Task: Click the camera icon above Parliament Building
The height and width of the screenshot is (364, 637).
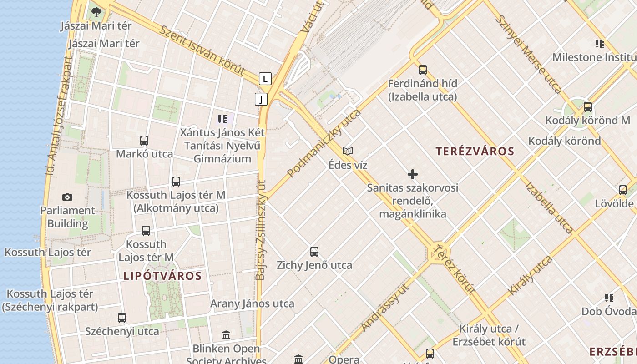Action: click(x=67, y=197)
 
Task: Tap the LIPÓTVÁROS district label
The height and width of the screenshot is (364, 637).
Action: click(x=162, y=276)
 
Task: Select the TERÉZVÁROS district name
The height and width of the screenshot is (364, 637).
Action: click(x=475, y=152)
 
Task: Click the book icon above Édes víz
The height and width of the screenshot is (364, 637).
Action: click(x=348, y=151)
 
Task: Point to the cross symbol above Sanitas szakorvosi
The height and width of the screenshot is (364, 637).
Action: click(x=413, y=174)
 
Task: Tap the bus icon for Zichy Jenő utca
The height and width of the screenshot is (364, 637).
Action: click(x=314, y=251)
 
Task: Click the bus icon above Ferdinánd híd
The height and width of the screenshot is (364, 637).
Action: click(x=423, y=70)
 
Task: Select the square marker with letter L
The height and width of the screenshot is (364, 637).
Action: click(x=265, y=79)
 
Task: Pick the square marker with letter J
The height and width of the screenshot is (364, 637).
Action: click(x=261, y=99)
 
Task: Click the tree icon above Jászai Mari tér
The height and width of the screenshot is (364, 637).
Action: click(x=96, y=12)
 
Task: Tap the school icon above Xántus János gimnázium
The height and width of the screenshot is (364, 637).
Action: click(x=222, y=119)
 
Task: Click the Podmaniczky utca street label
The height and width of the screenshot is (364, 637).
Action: click(x=324, y=143)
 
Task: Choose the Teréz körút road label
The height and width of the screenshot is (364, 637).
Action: click(x=454, y=269)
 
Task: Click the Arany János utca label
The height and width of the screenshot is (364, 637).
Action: click(x=252, y=303)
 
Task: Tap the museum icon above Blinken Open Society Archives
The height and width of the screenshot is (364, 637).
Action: click(x=226, y=335)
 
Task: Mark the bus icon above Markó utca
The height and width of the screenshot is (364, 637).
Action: click(x=144, y=141)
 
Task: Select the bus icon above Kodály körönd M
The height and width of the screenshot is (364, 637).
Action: click(x=588, y=107)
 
